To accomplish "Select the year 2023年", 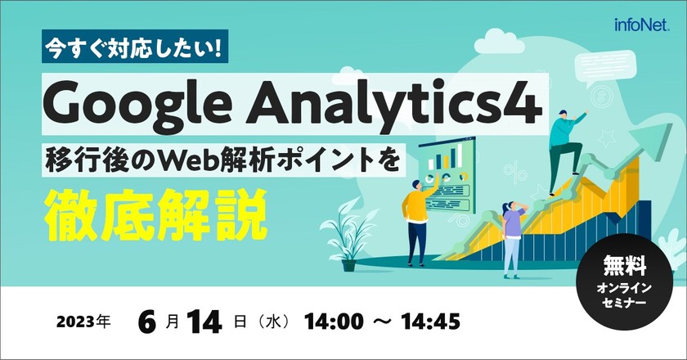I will click(x=83, y=321).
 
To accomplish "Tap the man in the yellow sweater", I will click(x=415, y=218).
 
